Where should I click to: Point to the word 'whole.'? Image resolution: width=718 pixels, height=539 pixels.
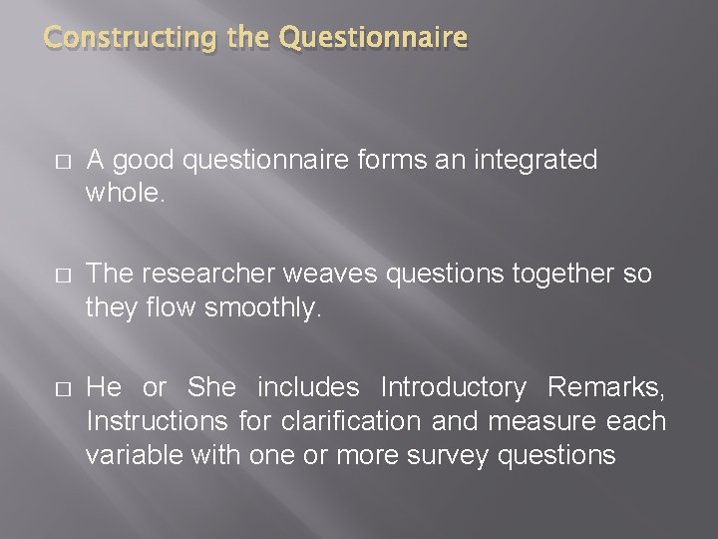pyautogui.click(x=125, y=194)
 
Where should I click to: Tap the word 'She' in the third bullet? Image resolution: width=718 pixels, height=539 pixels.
pyautogui.click(x=211, y=387)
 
